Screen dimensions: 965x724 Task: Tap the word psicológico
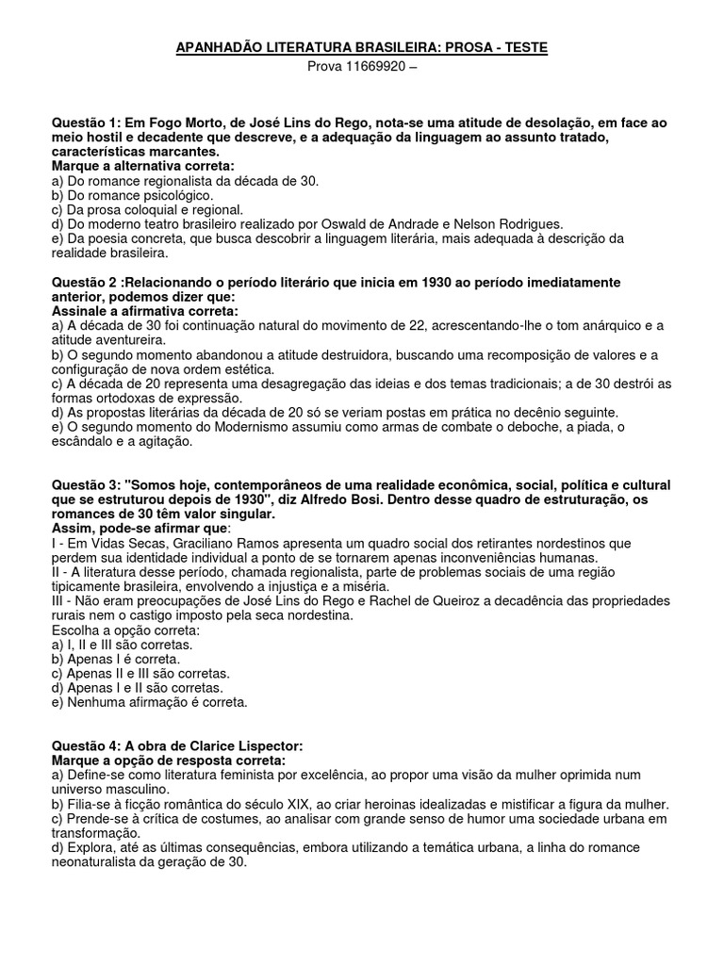point(174,195)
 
